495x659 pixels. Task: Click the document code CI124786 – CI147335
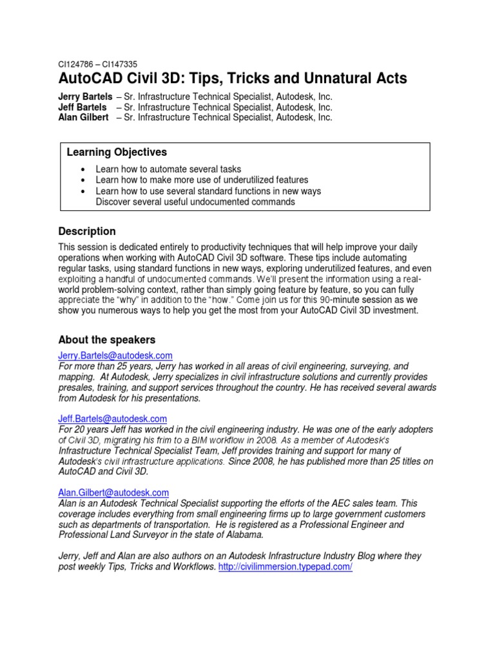click(x=97, y=64)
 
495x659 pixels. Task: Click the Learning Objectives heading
click(x=117, y=153)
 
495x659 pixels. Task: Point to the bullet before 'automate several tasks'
click(x=84, y=169)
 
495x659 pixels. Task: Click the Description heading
click(x=87, y=231)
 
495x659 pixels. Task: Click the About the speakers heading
click(x=106, y=339)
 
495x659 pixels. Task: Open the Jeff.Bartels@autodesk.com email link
click(x=113, y=418)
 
